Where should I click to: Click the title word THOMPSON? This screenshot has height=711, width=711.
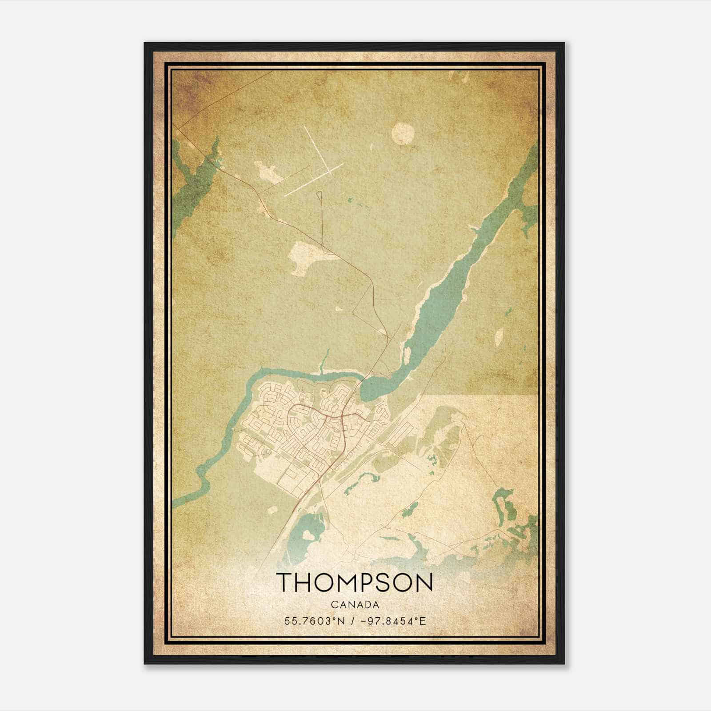coord(355,582)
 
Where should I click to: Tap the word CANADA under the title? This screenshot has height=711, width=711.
coord(355,605)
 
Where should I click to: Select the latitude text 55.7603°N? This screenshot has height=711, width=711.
coord(315,621)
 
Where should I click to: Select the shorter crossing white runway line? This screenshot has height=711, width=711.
coord(314,180)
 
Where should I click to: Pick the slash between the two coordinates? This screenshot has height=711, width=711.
coord(352,621)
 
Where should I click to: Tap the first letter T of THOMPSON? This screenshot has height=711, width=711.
coord(284,582)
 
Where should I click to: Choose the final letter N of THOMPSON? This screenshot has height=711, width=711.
coord(424,582)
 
